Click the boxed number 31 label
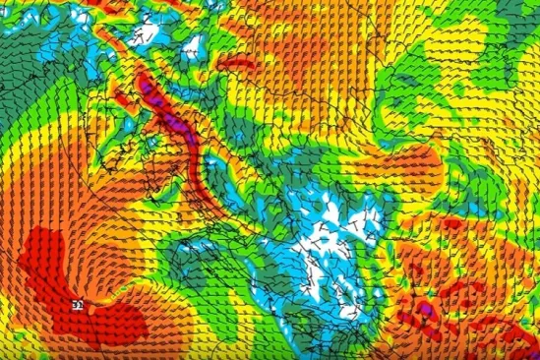[x=76, y=306]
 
